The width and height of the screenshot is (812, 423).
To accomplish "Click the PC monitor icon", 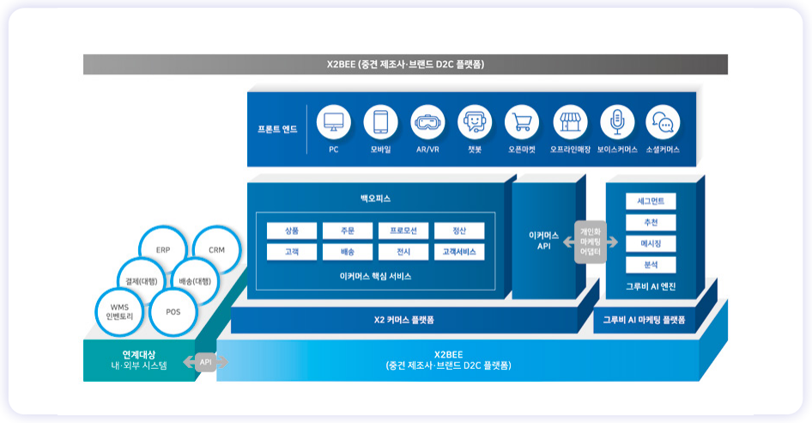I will (x=334, y=122).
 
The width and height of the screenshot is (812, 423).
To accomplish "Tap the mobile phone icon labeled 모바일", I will (x=380, y=122).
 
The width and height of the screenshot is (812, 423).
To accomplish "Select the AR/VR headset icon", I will (x=427, y=122).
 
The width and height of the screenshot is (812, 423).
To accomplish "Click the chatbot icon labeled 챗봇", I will (x=475, y=122).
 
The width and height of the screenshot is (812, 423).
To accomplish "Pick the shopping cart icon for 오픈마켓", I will (x=522, y=122).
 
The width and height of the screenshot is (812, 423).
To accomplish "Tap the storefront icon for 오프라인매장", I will (x=570, y=122).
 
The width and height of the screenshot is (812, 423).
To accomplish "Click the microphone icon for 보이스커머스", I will (x=617, y=122).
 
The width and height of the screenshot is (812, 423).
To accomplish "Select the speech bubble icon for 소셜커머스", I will (x=663, y=122).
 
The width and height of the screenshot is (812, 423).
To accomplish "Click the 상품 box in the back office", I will (x=292, y=230).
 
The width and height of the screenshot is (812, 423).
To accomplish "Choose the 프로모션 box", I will (x=403, y=230).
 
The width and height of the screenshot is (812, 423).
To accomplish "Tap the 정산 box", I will (x=459, y=230).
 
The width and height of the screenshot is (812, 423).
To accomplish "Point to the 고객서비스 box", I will (x=459, y=252).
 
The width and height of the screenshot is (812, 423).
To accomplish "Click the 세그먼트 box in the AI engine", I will (x=651, y=201).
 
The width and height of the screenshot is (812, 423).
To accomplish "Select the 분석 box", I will (x=651, y=265).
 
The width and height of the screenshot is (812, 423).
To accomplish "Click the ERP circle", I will (x=163, y=249).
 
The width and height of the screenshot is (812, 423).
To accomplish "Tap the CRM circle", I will (x=215, y=249).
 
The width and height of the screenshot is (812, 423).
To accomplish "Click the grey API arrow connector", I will (x=206, y=362).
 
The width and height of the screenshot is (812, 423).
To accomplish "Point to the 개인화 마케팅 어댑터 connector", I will (x=591, y=242).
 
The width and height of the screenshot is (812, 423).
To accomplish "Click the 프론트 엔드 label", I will (x=277, y=129).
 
